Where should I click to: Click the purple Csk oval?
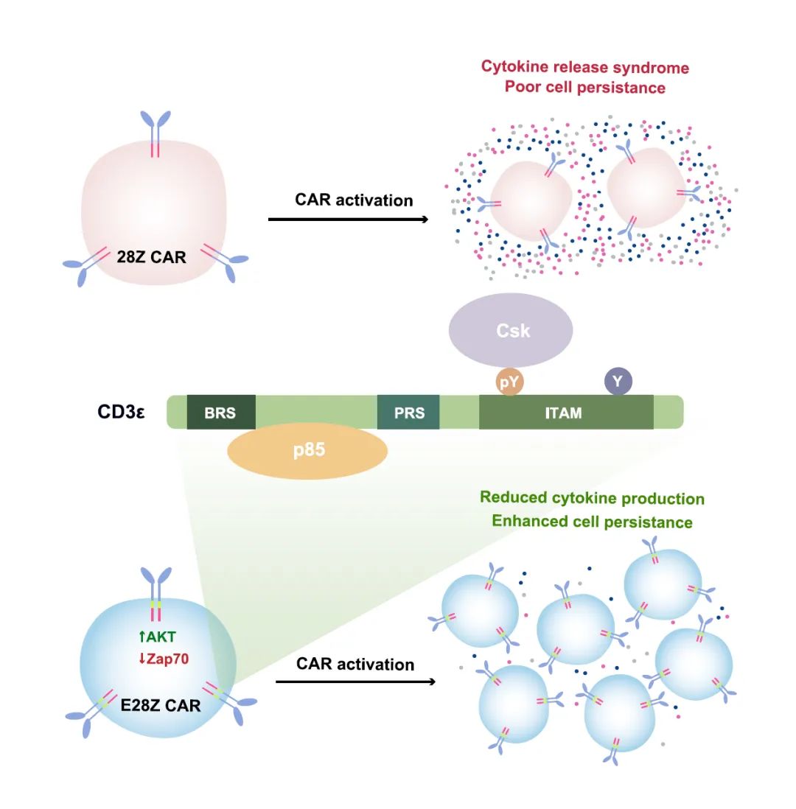point(512,330)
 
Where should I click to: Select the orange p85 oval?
point(308,450)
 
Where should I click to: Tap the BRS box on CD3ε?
point(220,413)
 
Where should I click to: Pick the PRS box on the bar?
point(408,413)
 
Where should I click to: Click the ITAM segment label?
point(563,413)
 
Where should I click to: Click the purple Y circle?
point(618,382)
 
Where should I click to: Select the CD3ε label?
point(121,412)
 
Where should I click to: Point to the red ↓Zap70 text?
point(163,659)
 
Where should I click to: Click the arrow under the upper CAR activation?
point(349,220)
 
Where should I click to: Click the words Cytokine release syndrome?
point(585,67)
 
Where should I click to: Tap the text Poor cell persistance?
point(585,87)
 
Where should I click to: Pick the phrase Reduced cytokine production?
point(592,498)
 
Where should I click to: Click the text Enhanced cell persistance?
point(592,522)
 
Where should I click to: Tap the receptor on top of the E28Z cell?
point(156,589)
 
